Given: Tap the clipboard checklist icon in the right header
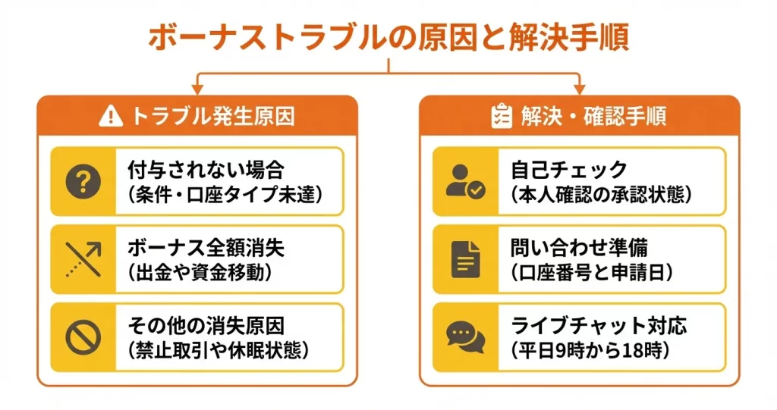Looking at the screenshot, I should [x=501, y=117].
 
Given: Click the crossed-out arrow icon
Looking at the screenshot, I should [x=83, y=258].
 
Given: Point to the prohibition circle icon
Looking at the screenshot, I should [x=83, y=337].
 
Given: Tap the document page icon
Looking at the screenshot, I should [x=465, y=258].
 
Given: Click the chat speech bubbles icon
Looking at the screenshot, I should [x=465, y=337].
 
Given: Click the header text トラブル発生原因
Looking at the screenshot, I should [x=213, y=117].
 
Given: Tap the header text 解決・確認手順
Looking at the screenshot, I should [x=593, y=117].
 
